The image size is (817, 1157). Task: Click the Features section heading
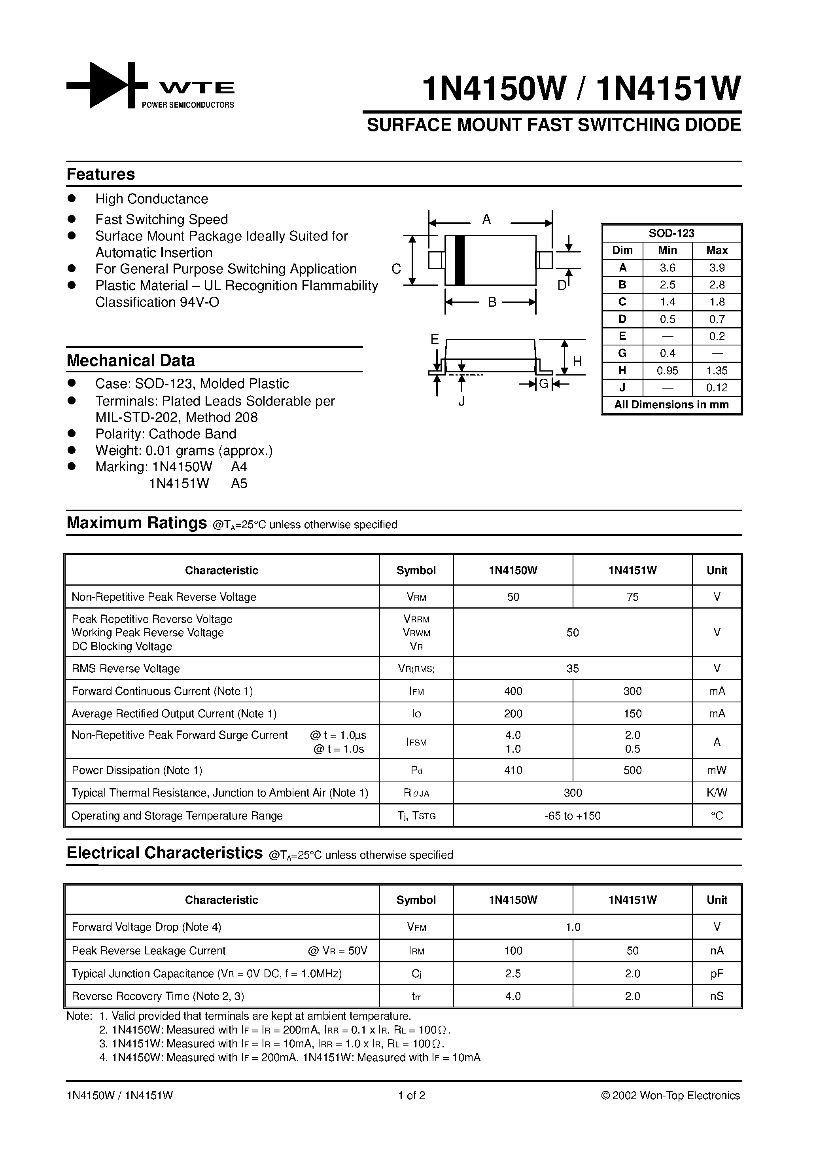(101, 174)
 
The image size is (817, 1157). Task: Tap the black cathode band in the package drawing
(459, 260)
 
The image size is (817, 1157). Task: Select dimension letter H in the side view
(577, 361)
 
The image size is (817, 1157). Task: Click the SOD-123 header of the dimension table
(671, 233)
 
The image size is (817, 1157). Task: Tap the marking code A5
(239, 483)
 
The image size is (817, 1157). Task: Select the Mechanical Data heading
(130, 361)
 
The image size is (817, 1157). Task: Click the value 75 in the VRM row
(632, 597)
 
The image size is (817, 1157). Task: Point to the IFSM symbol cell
(416, 742)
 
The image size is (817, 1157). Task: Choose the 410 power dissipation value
(513, 770)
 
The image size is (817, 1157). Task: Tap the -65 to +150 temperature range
(572, 816)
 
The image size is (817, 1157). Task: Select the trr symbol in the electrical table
(416, 996)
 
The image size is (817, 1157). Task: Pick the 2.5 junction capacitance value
(513, 973)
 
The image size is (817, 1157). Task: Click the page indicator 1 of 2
(412, 1095)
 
